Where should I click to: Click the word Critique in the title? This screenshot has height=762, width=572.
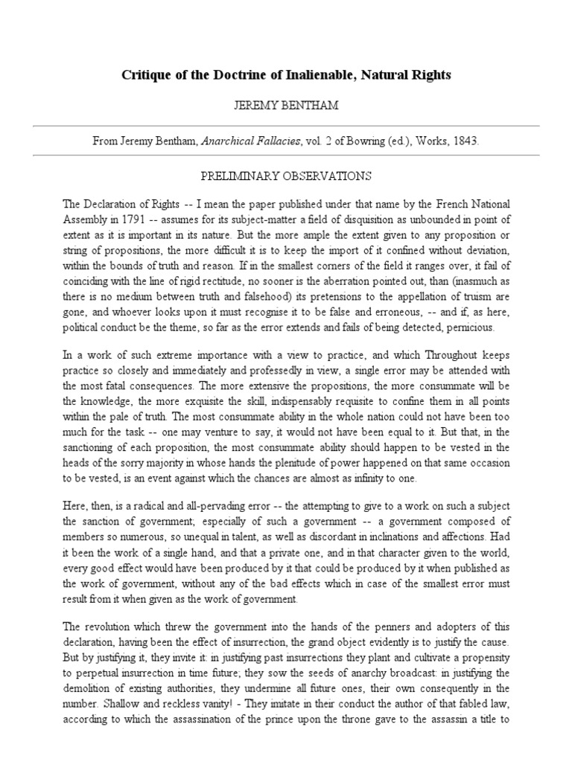pyautogui.click(x=145, y=75)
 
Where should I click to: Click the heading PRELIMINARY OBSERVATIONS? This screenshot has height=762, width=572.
pyautogui.click(x=286, y=176)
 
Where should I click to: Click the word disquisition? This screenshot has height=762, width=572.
pyautogui.click(x=328, y=217)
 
